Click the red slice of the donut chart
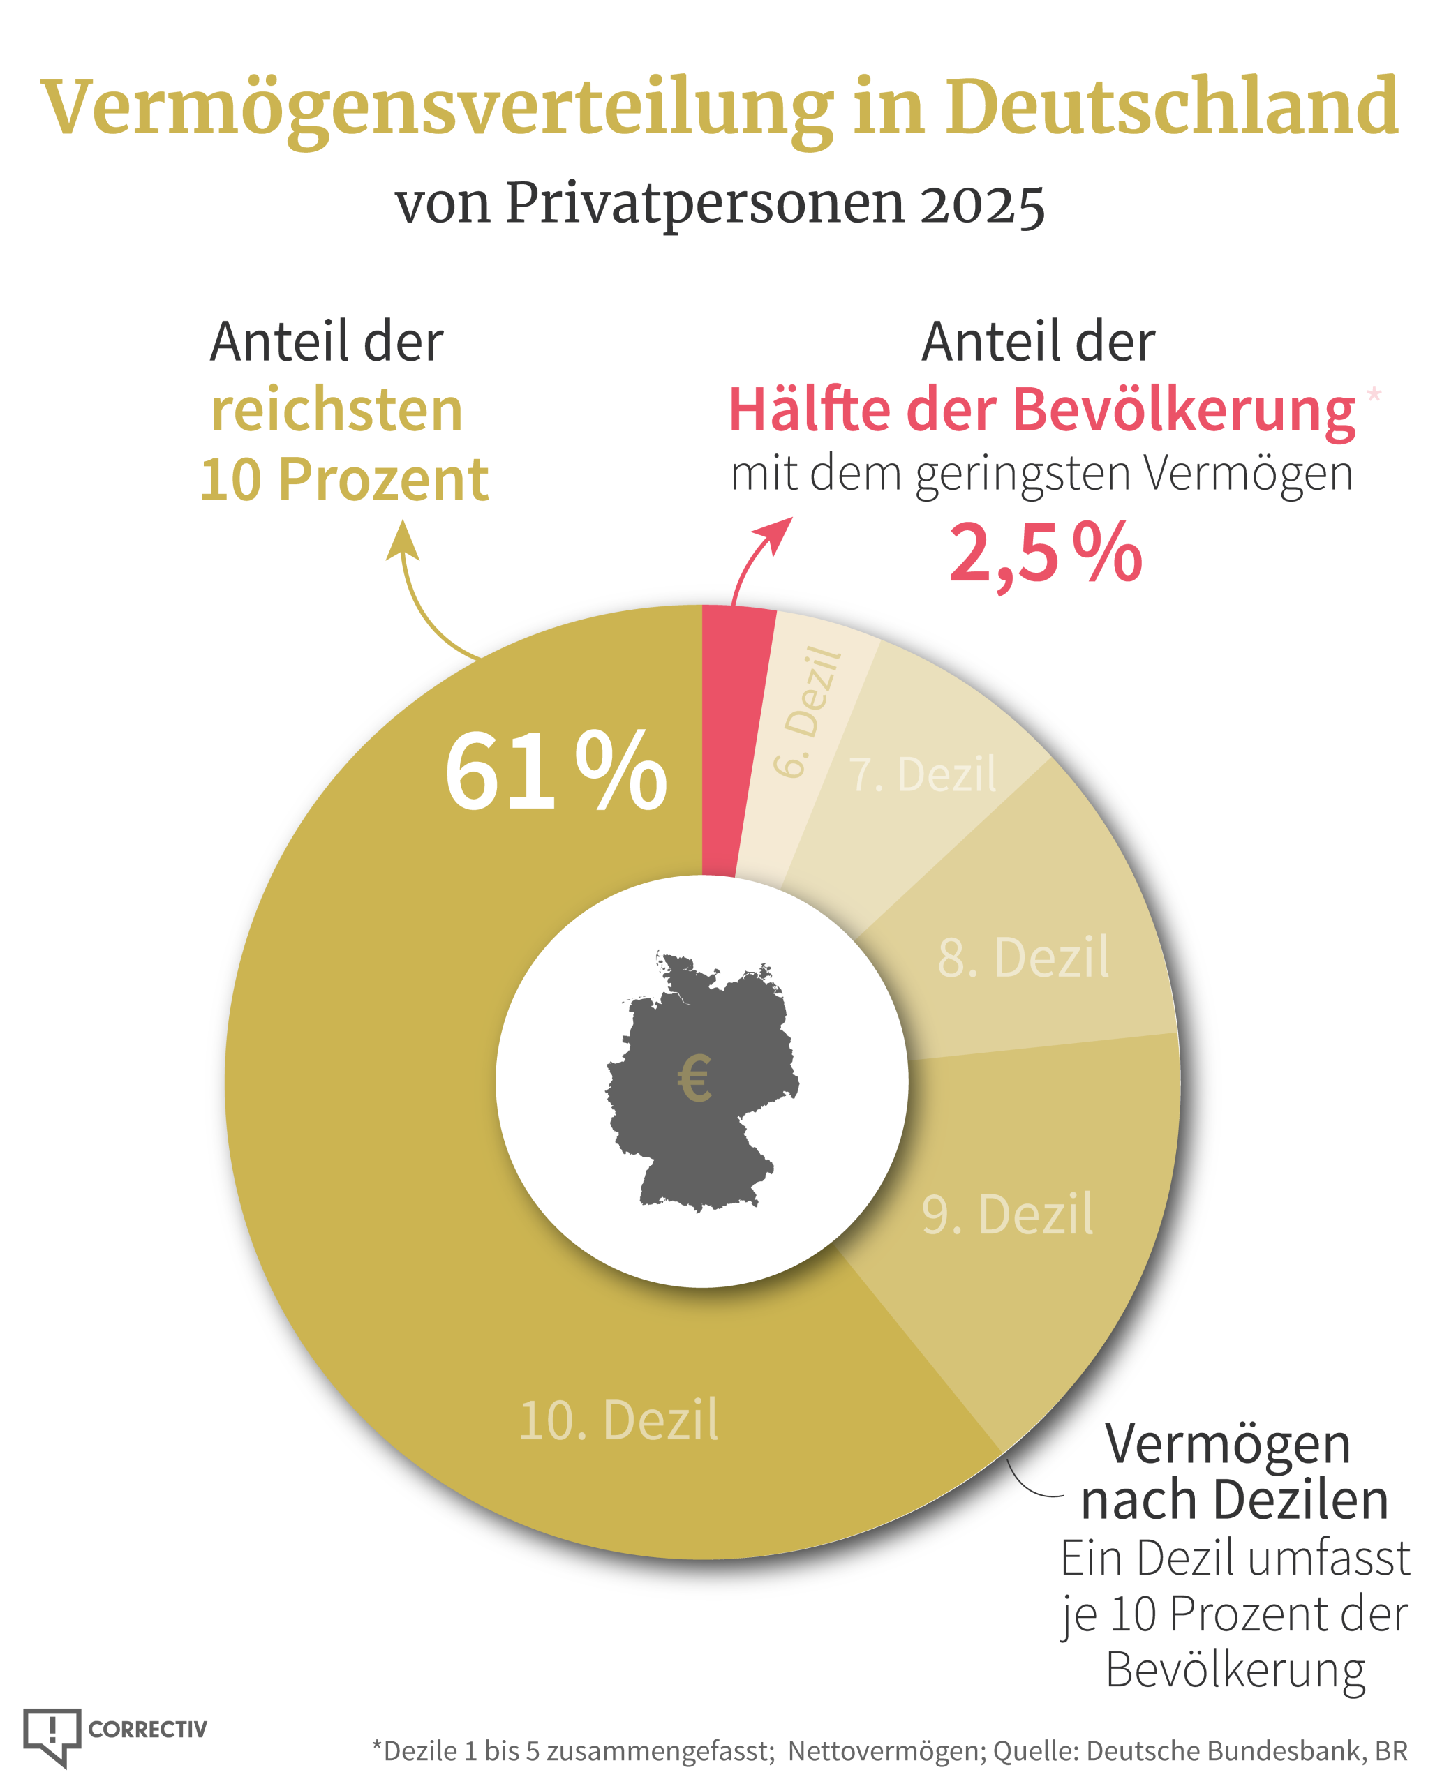[729, 739]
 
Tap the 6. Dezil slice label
[805, 712]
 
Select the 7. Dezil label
[922, 774]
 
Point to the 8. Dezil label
[1023, 957]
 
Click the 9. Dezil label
[1006, 1214]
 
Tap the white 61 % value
[555, 772]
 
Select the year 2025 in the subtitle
[982, 204]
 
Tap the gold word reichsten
[336, 410]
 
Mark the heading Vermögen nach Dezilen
[1233, 1474]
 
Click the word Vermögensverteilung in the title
[436, 108]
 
